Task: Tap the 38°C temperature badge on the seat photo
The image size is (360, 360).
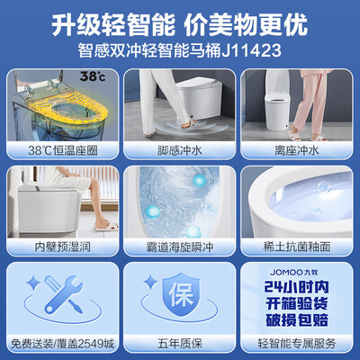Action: (43, 78)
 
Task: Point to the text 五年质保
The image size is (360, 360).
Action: (179, 343)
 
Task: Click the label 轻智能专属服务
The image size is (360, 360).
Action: (298, 343)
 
